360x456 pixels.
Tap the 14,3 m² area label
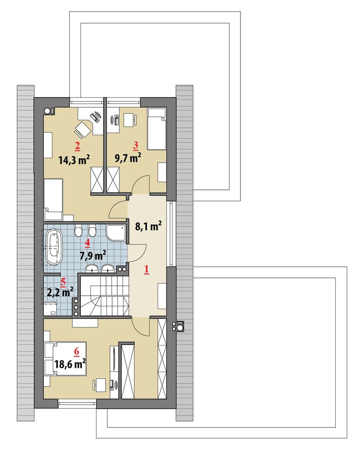click(x=74, y=160)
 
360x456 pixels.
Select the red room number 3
click(x=135, y=146)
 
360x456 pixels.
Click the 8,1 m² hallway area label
click(x=149, y=226)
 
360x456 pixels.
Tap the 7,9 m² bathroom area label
click(x=93, y=255)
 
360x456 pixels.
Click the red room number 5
click(x=63, y=282)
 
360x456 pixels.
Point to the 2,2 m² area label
click(x=60, y=292)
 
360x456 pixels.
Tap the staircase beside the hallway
click(x=105, y=296)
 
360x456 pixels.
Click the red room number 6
click(x=76, y=352)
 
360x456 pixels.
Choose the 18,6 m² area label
click(x=70, y=364)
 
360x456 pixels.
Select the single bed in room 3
click(x=157, y=129)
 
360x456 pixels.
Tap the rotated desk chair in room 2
click(x=83, y=129)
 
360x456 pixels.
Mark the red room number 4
click(x=87, y=243)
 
